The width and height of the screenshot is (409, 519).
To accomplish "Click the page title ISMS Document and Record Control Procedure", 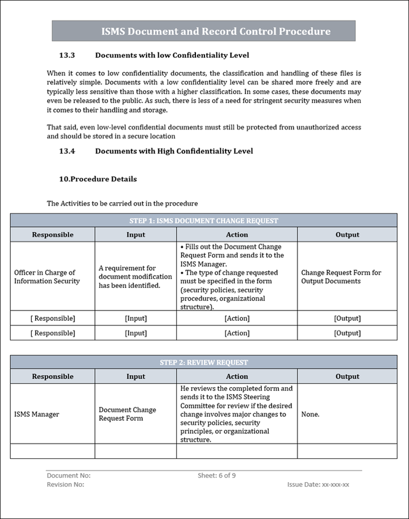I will pos(216,31).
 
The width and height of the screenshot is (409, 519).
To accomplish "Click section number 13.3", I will pos(67,56).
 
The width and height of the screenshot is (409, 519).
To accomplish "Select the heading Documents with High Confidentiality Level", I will pos(174,151).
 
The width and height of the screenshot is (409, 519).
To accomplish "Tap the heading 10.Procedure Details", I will pos(98,179).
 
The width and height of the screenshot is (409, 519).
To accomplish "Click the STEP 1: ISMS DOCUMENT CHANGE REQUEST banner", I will pos(203,220).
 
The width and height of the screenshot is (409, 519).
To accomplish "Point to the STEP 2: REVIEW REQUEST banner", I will pos(203,362).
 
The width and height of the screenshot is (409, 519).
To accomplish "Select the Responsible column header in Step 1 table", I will pos(52,235).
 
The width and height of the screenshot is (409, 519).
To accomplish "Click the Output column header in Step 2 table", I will pos(347,376).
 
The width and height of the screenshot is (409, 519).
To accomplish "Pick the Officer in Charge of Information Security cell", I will pos(47,277).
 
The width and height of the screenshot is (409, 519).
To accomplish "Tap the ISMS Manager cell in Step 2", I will pos(36,415).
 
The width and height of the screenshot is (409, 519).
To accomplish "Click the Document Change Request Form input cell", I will pos(127,414).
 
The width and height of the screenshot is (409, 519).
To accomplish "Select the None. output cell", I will pos(310,415).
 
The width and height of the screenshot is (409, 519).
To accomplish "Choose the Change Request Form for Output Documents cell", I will pos(341,277).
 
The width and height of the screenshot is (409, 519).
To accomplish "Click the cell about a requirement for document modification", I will pos(135,277).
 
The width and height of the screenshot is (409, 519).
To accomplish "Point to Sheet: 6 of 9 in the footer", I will pos(216,476).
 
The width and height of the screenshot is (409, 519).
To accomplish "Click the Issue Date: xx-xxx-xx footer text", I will pos(318,485).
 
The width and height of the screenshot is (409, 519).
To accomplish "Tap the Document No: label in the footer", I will pos(69,476).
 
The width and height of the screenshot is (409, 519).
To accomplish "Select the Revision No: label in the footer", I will pos(65,485).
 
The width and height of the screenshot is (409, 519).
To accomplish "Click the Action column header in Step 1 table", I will pos(237,235).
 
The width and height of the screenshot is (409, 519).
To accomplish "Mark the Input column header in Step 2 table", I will pos(136,376).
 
